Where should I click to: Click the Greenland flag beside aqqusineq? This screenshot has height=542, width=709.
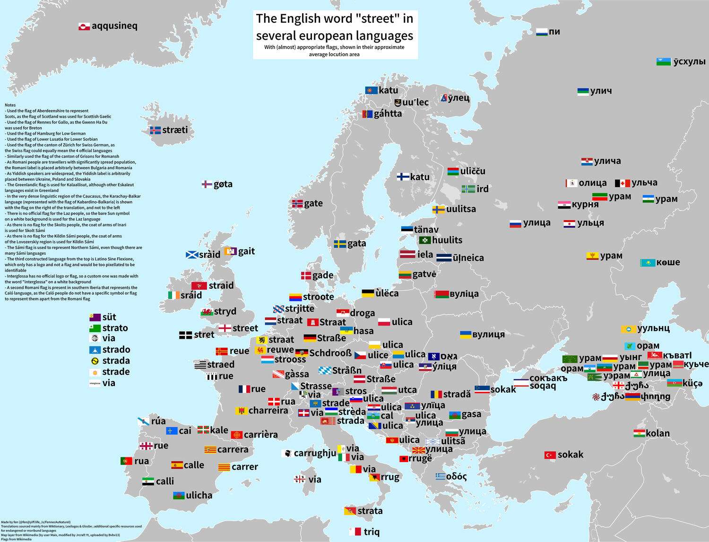pyautogui.click(x=84, y=26)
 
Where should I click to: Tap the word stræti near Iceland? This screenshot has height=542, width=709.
pyautogui.click(x=175, y=130)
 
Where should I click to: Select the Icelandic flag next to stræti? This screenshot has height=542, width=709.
pyautogui.click(x=155, y=130)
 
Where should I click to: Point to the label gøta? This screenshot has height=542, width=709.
pyautogui.click(x=223, y=184)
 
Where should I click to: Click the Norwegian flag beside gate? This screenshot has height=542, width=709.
pyautogui.click(x=297, y=204)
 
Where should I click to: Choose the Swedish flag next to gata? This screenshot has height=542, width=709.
pyautogui.click(x=340, y=244)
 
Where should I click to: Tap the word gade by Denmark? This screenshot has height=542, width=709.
pyautogui.click(x=323, y=275)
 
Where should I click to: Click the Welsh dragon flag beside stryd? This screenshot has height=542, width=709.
pyautogui.click(x=207, y=312)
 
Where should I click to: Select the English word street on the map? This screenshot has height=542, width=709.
pyautogui.click(x=245, y=328)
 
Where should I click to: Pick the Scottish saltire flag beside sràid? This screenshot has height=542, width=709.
pyautogui.click(x=191, y=255)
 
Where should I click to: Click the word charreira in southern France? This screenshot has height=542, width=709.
pyautogui.click(x=268, y=411)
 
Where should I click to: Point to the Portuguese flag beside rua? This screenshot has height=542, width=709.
pyautogui.click(x=126, y=461)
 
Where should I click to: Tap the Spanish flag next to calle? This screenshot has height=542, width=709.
pyautogui.click(x=177, y=465)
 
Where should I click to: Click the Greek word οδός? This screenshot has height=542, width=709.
pyautogui.click(x=456, y=476)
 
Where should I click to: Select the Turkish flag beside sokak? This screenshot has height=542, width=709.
pyautogui.click(x=550, y=455)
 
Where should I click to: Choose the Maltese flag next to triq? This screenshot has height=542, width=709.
pyautogui.click(x=355, y=532)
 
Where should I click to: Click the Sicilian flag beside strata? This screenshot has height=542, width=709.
pyautogui.click(x=350, y=511)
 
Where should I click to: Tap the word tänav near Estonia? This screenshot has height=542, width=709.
pyautogui.click(x=426, y=230)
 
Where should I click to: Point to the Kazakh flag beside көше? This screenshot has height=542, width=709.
pyautogui.click(x=647, y=263)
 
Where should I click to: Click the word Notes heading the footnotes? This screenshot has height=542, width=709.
pyautogui.click(x=10, y=105)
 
